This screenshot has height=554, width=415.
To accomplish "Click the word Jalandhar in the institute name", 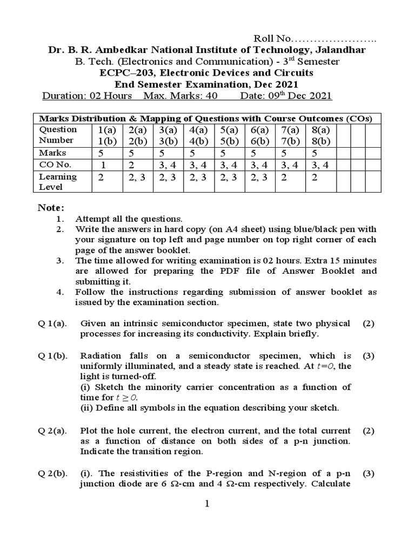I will (338, 50).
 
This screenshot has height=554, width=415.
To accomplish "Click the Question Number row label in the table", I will (58, 135).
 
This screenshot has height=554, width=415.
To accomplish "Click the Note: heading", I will (51, 208).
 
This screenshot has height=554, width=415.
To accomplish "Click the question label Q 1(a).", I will (52, 324).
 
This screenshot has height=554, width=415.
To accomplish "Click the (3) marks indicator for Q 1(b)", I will (369, 356).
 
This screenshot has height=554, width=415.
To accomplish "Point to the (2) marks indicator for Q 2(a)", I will (369, 431).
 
